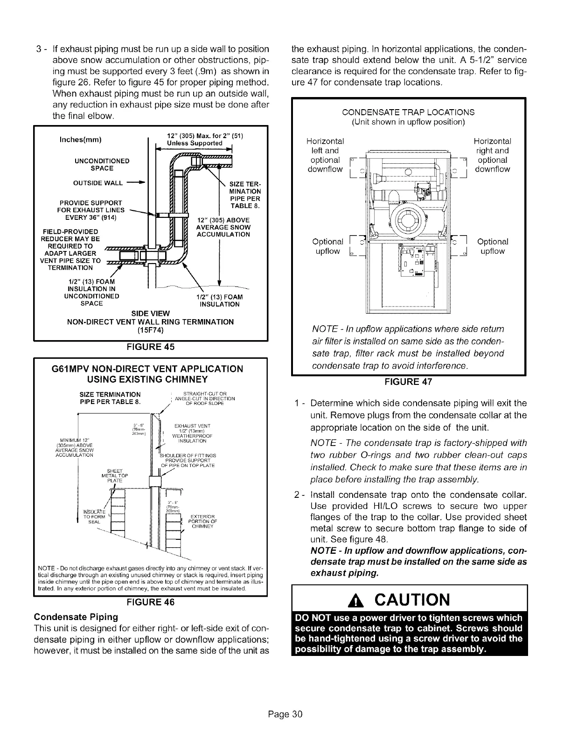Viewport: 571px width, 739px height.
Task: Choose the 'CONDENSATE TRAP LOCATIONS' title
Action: (x=408, y=112)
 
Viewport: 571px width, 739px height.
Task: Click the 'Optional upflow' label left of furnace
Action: (x=327, y=246)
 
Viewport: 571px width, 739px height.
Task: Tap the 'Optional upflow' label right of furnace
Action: (x=493, y=246)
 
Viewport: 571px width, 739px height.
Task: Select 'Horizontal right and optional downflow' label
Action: (x=492, y=155)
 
